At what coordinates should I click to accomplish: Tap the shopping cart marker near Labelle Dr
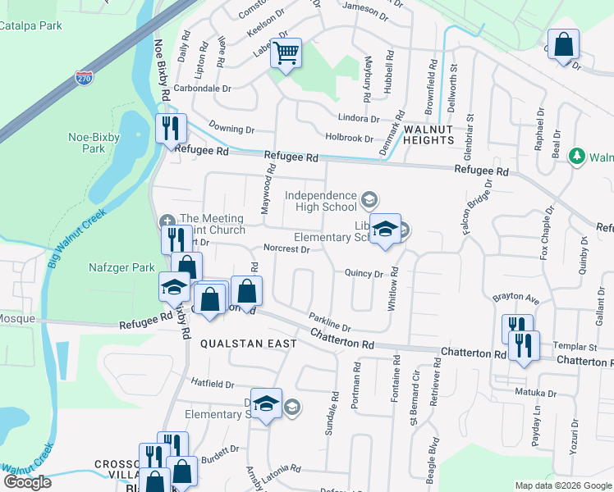(286, 54)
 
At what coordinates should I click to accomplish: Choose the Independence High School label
(322, 201)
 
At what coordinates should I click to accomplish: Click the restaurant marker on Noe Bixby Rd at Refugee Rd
(172, 129)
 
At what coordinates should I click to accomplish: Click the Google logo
(27, 482)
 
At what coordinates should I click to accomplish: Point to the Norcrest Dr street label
(286, 248)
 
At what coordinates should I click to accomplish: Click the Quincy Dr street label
(364, 274)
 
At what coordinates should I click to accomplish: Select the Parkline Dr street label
(330, 321)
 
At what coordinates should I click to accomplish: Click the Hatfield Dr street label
(213, 383)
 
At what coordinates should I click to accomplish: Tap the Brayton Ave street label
(515, 298)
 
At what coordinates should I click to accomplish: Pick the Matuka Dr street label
(535, 393)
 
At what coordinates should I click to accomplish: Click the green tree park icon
(577, 156)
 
